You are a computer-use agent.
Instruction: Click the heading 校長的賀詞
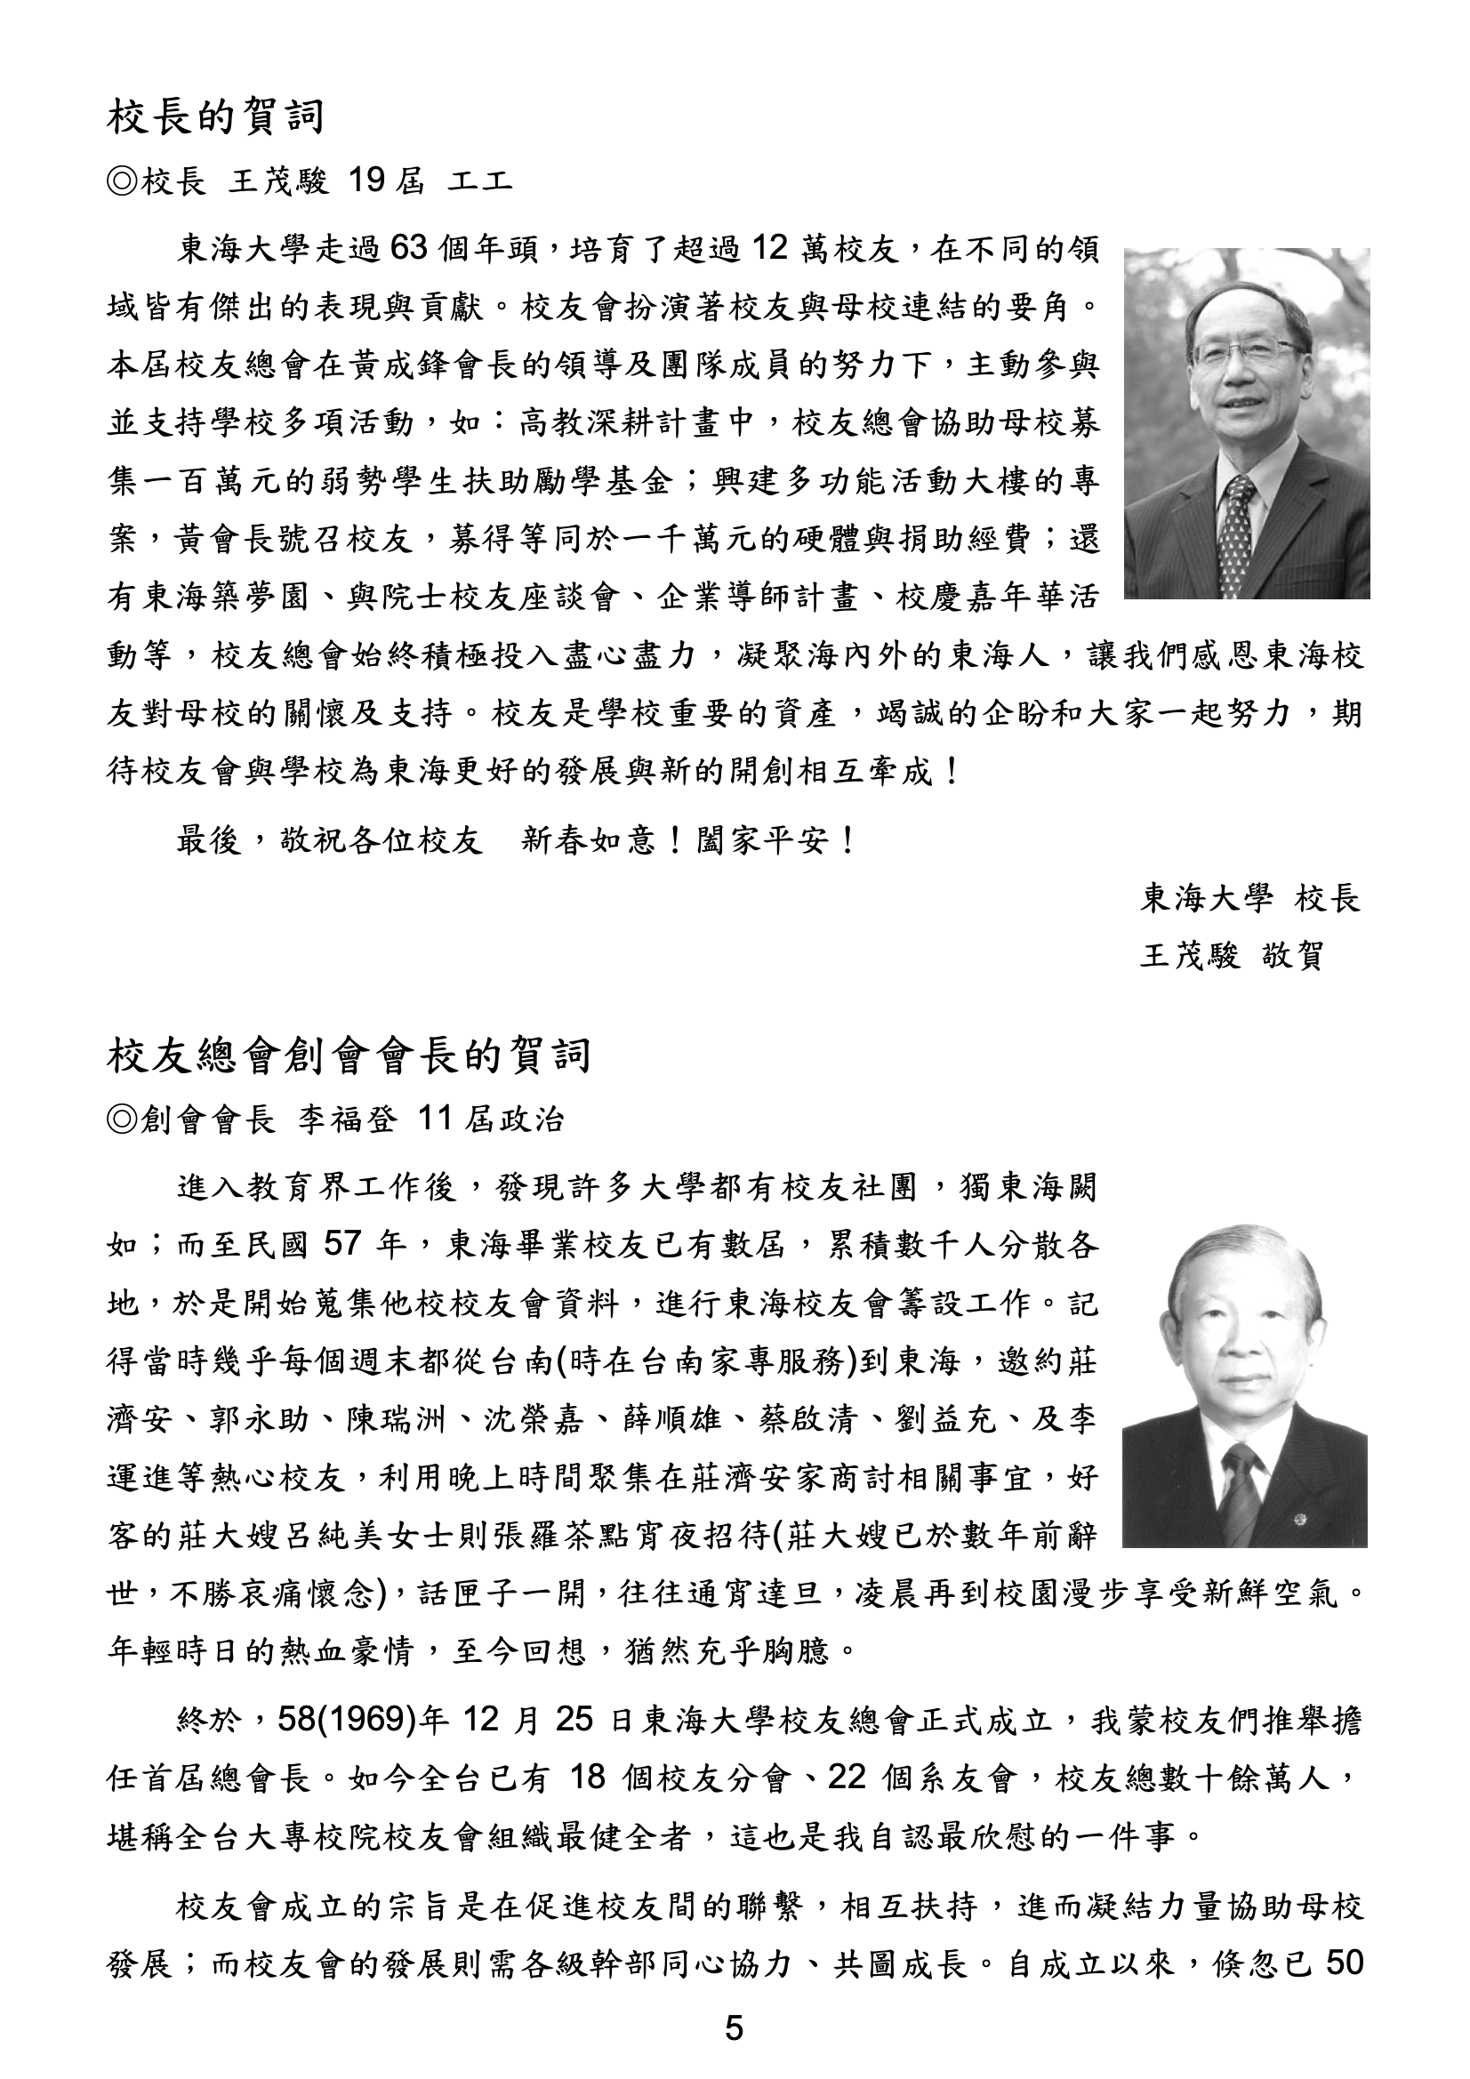(x=215, y=117)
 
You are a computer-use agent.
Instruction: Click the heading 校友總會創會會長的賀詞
(x=349, y=1056)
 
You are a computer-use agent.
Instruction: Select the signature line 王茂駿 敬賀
(x=1233, y=954)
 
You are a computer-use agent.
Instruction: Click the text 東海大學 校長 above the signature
(x=1250, y=898)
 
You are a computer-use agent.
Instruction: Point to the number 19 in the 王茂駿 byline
(x=366, y=181)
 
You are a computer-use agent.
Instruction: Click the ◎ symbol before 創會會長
(x=121, y=1121)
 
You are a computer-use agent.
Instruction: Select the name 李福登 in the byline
(x=348, y=1120)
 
